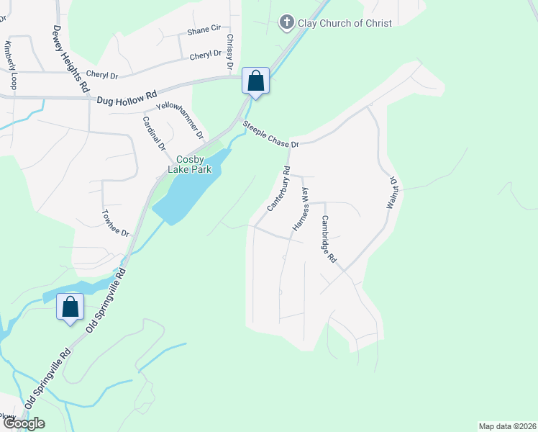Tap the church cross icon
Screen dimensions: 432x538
click(x=286, y=22)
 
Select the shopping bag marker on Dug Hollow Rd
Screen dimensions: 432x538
click(x=256, y=81)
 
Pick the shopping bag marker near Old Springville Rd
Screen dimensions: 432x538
click(x=70, y=307)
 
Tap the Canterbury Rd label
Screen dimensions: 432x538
click(x=278, y=189)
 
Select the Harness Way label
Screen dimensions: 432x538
click(x=300, y=209)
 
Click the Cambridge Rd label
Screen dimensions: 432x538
click(x=329, y=238)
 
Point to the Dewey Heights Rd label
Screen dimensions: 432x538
click(x=70, y=58)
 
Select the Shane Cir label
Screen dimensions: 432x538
click(x=204, y=30)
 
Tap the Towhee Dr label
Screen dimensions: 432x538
click(x=115, y=224)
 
